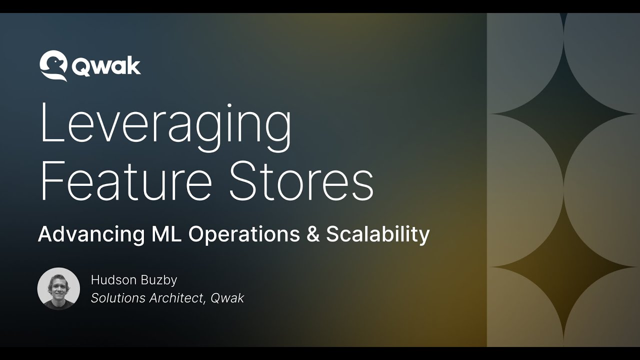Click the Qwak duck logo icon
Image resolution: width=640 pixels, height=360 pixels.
point(53,65)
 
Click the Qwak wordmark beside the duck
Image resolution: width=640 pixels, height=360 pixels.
point(106,66)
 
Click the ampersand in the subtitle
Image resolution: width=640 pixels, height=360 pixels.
point(313,234)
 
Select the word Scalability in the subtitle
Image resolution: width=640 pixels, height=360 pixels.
point(378,234)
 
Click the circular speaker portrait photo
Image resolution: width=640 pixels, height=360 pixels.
point(58,288)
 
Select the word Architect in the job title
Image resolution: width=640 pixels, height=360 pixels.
point(177,298)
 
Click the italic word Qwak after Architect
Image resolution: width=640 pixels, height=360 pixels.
point(227,298)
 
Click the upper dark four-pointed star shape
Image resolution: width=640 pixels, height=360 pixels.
point(563,114)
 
